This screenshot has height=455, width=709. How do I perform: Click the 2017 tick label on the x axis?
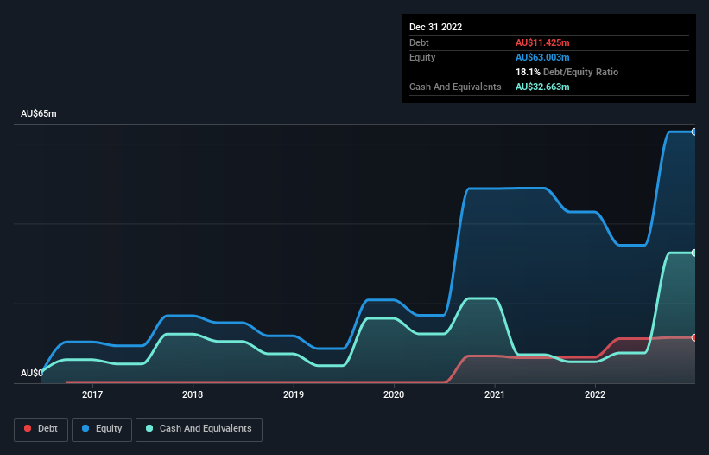coord(92,394)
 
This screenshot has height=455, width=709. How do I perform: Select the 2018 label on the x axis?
coord(193,394)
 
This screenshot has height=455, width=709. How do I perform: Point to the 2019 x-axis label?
coord(294,394)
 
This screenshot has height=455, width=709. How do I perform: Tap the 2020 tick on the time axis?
coord(394,394)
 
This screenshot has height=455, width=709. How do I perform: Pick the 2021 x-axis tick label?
coord(495,394)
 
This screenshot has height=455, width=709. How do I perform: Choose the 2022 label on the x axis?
coord(595,394)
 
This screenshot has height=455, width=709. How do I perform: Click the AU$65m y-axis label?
coord(38,114)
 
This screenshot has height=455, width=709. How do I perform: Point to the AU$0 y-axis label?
coord(32,373)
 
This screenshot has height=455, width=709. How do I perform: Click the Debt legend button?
coord(40,429)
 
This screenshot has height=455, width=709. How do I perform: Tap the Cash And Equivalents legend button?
coord(198,429)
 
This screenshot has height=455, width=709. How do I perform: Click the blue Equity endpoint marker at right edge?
coord(694,131)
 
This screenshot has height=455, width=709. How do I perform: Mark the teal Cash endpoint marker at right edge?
coord(694,253)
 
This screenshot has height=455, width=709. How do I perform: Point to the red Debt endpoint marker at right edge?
coord(694,337)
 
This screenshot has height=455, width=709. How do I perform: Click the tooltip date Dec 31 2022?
coord(436,27)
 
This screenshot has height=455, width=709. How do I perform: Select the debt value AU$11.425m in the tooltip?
coord(542,42)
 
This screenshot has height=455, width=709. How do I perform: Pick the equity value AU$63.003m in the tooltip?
coord(542,57)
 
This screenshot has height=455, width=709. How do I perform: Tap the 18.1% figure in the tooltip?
coord(528,72)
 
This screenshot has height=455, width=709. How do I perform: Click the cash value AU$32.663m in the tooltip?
coord(542,87)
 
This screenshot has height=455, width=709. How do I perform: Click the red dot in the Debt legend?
coord(28,429)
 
